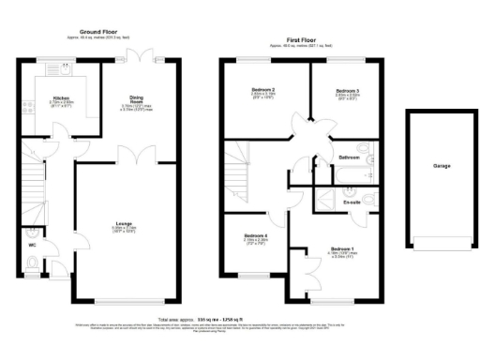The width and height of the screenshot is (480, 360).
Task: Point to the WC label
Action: click(x=33, y=245)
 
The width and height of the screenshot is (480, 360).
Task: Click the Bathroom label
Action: click(x=351, y=157)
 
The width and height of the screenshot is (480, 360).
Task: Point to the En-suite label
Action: click(x=353, y=201)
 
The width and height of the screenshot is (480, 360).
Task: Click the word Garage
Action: click(x=442, y=165)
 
